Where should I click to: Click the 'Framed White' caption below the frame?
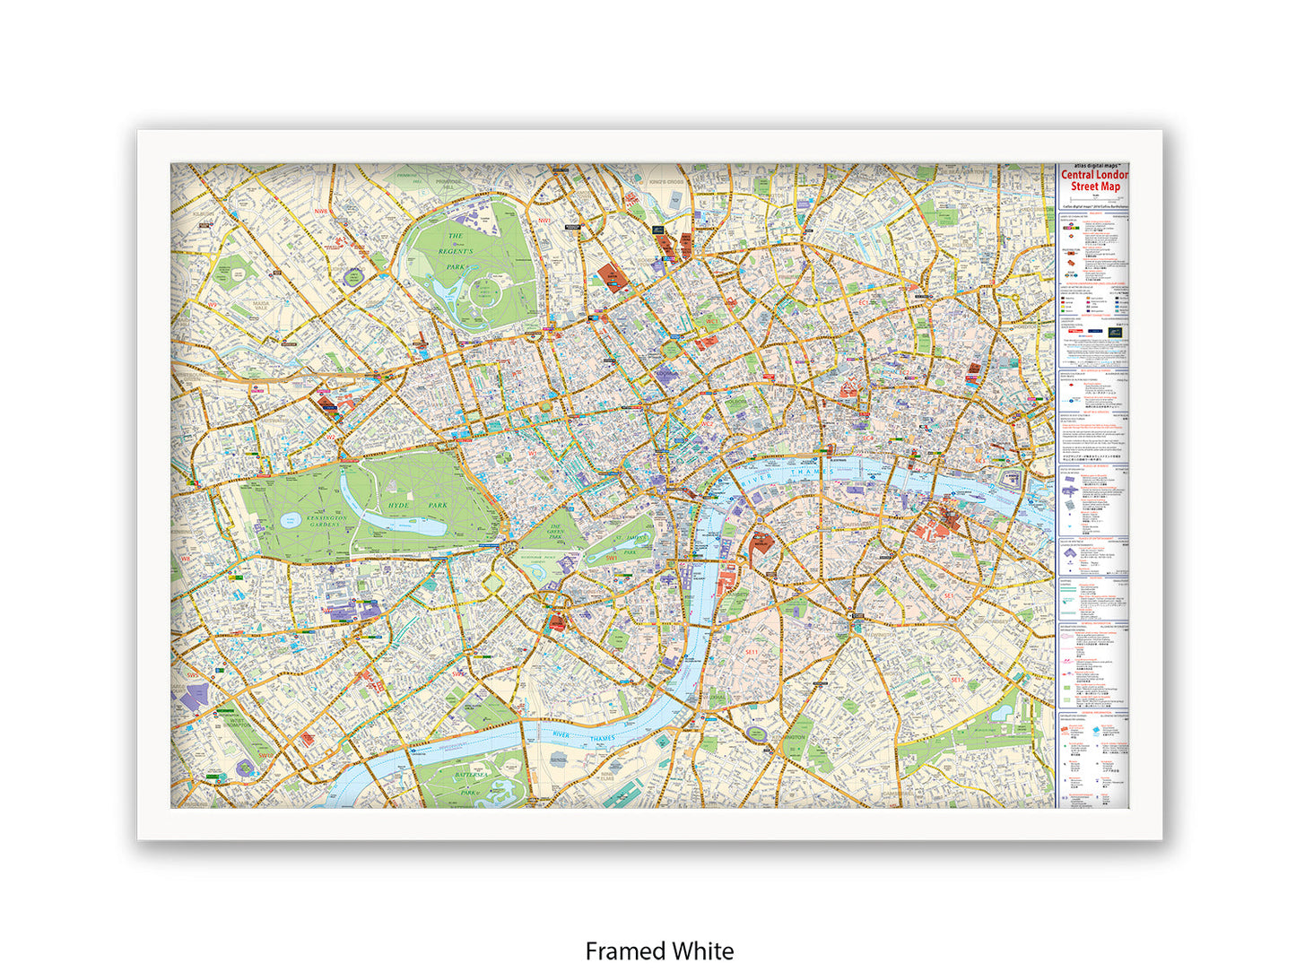click(659, 950)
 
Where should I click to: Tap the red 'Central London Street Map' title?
click(1093, 180)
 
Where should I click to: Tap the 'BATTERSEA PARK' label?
click(468, 785)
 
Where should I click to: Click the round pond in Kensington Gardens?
click(290, 520)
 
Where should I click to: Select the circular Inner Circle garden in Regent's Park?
click(484, 292)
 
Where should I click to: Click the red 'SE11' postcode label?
click(752, 652)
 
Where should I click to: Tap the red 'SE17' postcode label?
click(957, 680)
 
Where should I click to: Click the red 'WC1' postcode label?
click(712, 319)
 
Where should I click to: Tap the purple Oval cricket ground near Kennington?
click(757, 733)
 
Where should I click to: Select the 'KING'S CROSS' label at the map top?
click(666, 182)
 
